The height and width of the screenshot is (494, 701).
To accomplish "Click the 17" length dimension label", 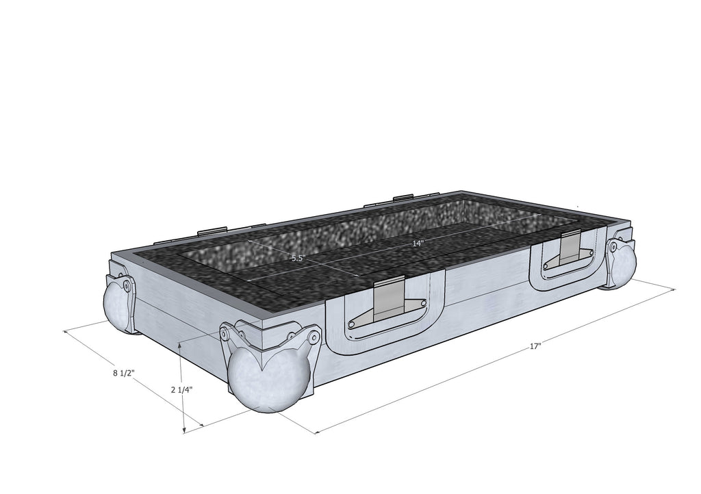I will [x=535, y=347].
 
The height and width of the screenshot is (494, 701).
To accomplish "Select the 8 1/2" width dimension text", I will [x=124, y=374].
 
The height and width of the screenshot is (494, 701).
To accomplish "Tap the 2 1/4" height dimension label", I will [x=181, y=389].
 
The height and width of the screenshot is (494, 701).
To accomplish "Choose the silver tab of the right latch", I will [x=570, y=246].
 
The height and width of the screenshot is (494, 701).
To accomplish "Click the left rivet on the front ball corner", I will [x=224, y=334].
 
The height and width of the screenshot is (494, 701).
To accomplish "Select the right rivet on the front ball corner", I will [x=314, y=337].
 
